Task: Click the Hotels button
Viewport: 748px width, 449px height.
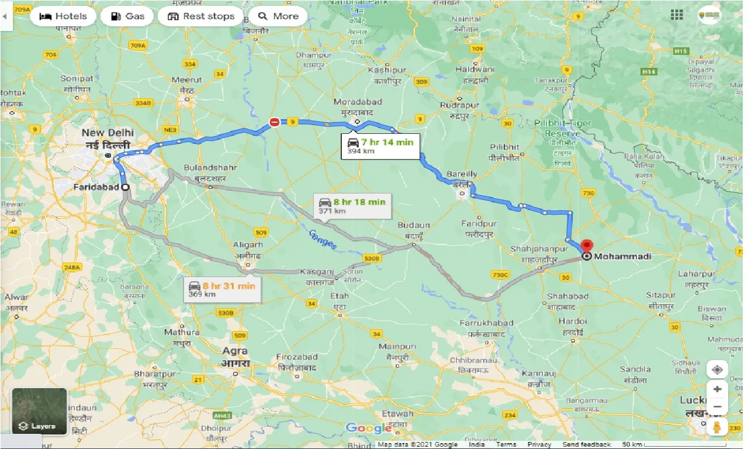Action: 63,16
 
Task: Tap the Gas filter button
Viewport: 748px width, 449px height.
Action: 127,16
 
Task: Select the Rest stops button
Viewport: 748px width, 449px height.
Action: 200,16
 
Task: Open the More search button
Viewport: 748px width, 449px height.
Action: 278,16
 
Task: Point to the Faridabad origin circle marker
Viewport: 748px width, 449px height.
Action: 124,187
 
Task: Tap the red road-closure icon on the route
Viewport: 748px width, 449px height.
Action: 274,122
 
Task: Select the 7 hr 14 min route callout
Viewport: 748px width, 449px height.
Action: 380,146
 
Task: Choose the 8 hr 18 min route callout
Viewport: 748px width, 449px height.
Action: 352,206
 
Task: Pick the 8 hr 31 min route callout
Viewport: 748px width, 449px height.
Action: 221,289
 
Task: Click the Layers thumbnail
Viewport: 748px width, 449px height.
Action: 39,411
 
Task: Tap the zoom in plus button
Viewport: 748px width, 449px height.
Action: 717,389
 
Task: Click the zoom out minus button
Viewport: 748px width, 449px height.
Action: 717,407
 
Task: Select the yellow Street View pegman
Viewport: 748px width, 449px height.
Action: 717,427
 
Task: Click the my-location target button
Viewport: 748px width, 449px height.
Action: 717,369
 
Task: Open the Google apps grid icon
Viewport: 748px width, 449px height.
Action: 677,15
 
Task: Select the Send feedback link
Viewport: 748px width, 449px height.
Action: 587,445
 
